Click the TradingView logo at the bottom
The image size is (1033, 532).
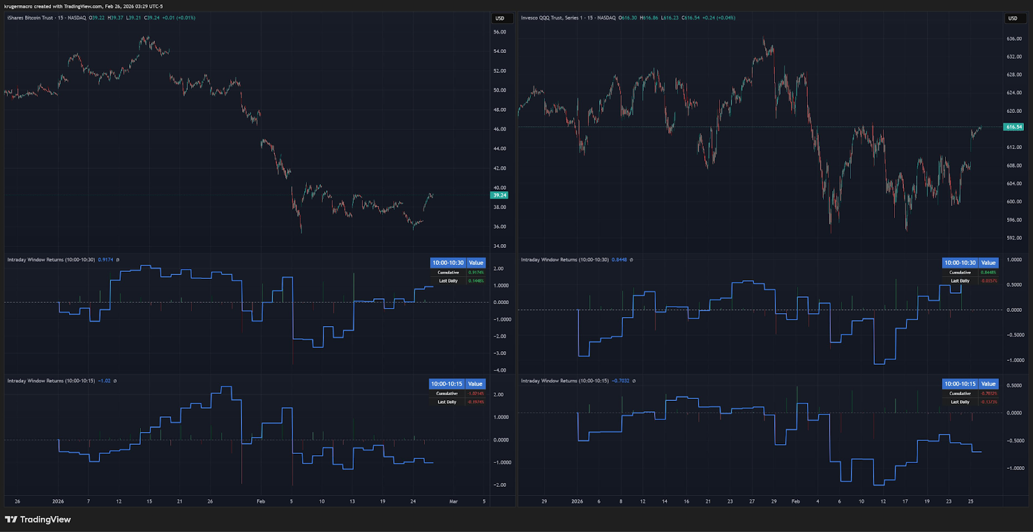[x=38, y=520]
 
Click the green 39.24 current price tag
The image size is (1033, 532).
[x=500, y=195]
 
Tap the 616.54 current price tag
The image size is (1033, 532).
[x=1014, y=127]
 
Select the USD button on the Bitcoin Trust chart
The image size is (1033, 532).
[x=500, y=18]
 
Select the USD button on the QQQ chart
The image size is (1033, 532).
[x=1013, y=18]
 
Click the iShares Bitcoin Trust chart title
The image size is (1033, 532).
[x=30, y=18]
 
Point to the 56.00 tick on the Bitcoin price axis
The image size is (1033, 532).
[x=500, y=32]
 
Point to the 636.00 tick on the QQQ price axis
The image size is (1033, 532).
[x=1014, y=39]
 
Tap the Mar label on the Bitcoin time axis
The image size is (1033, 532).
[x=453, y=502]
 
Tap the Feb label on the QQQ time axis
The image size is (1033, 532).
[x=795, y=502]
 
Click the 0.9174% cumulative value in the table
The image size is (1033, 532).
[x=476, y=272]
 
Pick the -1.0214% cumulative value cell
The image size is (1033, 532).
[x=476, y=394]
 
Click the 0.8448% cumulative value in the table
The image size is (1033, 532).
[x=988, y=272]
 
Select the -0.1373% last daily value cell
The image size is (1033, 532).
[x=988, y=402]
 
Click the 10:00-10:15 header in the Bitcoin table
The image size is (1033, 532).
[x=447, y=384]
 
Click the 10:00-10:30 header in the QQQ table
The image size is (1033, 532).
[x=960, y=263]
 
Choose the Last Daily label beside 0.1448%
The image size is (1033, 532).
[x=448, y=281]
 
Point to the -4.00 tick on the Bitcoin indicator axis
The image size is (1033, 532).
[x=500, y=371]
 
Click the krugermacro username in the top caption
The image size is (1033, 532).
[x=18, y=6]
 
